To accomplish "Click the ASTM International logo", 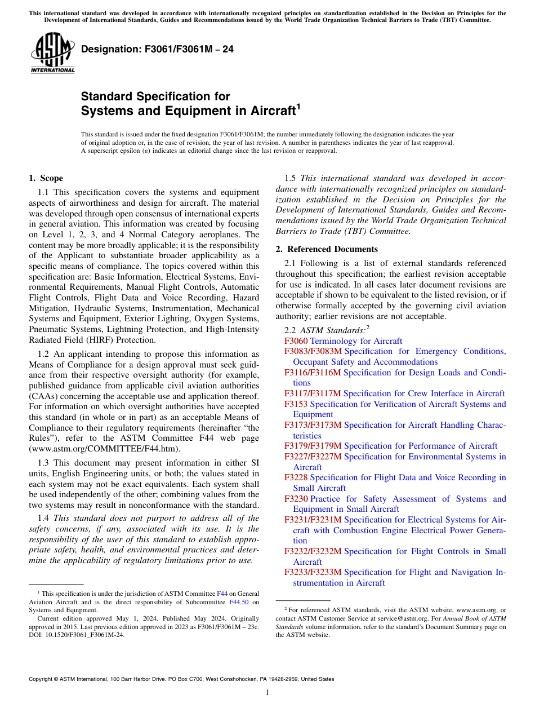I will (52, 53).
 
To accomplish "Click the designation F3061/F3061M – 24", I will (157, 50).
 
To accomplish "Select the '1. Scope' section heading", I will (46, 179).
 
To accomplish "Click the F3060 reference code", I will (296, 341).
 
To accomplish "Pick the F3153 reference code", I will (296, 404).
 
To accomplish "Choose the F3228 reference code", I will (296, 477).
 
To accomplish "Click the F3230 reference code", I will (296, 499).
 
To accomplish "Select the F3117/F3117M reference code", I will (313, 393).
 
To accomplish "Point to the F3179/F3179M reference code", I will (313, 446).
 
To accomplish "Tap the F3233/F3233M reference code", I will (313, 572).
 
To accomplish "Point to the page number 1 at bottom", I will (267, 693).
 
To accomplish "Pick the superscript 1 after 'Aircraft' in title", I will (298, 107).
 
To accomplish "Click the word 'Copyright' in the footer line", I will (41, 679).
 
